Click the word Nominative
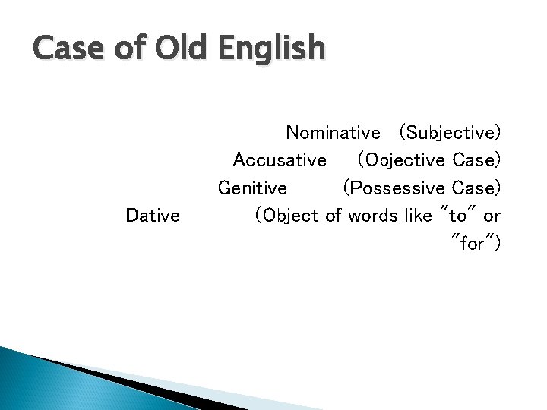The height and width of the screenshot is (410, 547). [333, 133]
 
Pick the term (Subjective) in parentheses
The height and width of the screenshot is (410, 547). [449, 134]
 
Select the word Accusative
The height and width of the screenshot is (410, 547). [280, 160]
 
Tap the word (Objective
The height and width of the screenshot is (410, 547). [401, 161]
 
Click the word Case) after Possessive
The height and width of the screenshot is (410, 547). [476, 188]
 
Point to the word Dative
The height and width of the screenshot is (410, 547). [153, 216]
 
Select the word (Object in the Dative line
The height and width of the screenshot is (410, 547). [287, 216]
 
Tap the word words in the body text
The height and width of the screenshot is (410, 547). [372, 216]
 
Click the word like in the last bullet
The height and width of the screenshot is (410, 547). [417, 216]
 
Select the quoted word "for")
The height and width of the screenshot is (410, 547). [476, 243]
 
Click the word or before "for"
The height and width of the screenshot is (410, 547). [492, 216]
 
